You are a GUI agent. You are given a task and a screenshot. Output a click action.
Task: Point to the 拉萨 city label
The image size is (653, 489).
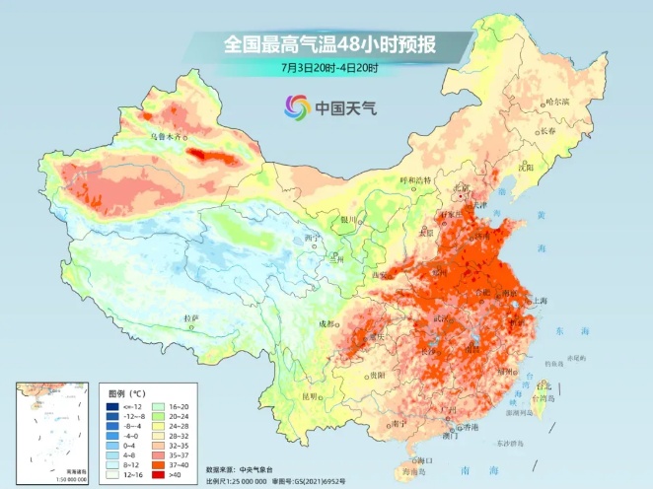tap(191, 317)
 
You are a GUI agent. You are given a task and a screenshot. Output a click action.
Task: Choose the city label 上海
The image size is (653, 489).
tap(540, 301)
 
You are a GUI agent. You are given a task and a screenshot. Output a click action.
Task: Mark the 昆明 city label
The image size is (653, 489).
tap(311, 396)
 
